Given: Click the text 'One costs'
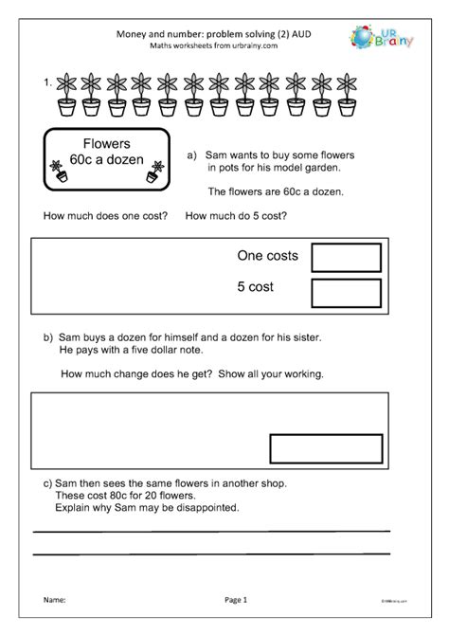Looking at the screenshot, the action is tap(267, 257).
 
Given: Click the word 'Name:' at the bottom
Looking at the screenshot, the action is tap(53, 600).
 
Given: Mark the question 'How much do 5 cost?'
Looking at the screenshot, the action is tap(236, 216).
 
